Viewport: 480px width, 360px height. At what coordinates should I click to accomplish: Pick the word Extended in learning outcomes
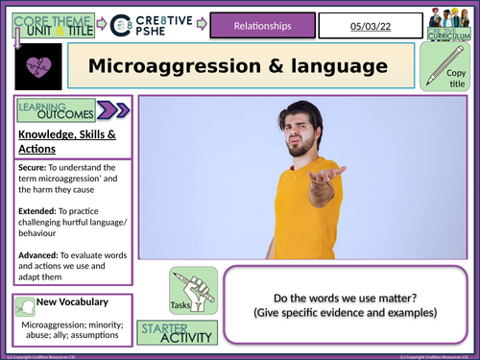pos(37,203)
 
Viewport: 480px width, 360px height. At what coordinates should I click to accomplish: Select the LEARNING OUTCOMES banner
pos(58,112)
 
